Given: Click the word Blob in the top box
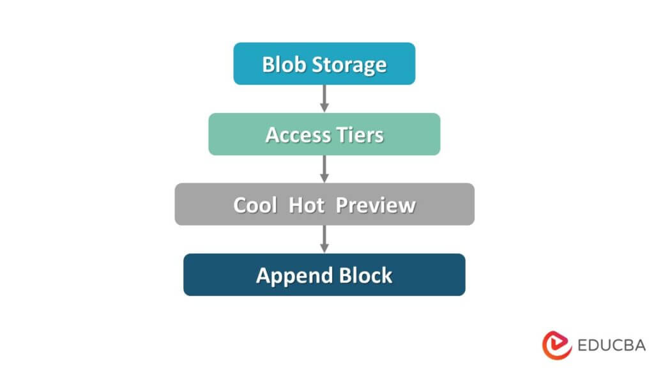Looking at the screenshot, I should tap(282, 65).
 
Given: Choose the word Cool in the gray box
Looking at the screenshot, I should tap(255, 205).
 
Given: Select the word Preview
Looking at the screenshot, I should tap(376, 205).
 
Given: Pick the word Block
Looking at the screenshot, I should tap(365, 275).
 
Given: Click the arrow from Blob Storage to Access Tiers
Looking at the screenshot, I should tap(324, 98).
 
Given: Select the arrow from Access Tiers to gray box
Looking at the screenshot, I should tap(324, 168).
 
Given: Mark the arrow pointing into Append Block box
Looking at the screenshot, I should tap(324, 238).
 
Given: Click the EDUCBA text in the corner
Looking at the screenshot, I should tap(611, 345).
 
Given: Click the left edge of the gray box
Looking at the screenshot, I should tap(178, 204).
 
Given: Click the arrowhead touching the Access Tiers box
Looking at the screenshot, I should tap(324, 108).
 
